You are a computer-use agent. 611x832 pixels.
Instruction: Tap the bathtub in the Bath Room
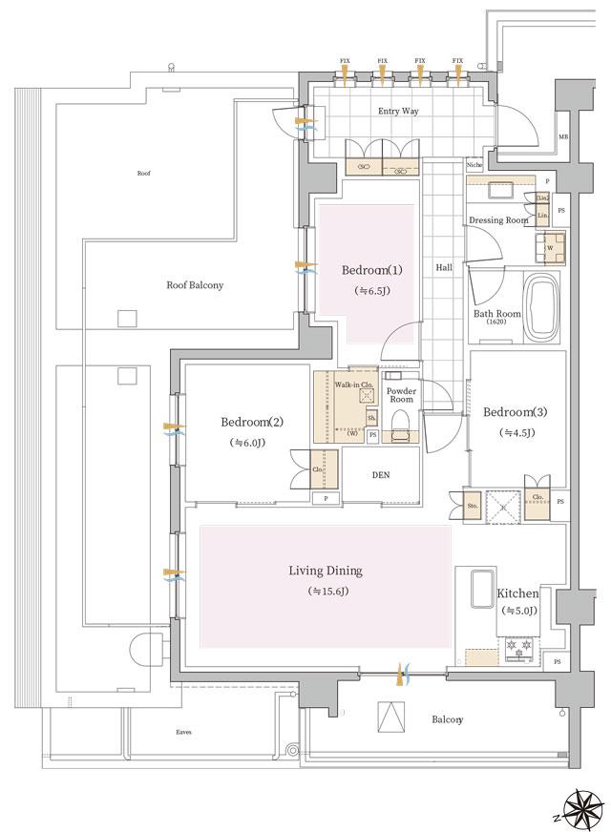pos(541,309)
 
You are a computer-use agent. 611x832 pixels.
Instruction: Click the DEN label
pos(379,475)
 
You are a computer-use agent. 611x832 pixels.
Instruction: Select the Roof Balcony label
pos(195,284)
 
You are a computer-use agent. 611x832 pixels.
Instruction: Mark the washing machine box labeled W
pos(550,248)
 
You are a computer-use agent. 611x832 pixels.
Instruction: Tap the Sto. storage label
pos(473,504)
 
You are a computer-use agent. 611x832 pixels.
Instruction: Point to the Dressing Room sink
pos(502,190)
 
